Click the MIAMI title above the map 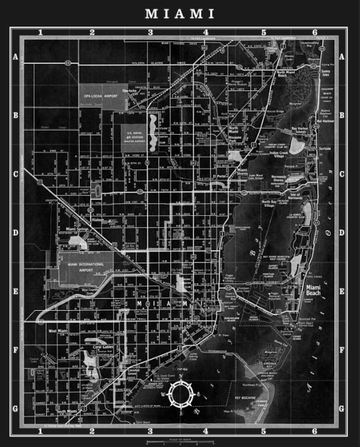point(180,14)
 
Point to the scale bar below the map point(180,442)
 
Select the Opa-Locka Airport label point(100,96)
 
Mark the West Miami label point(59,331)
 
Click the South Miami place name point(67,412)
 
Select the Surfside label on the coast point(326,148)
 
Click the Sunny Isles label point(326,73)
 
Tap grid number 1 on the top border point(40,32)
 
